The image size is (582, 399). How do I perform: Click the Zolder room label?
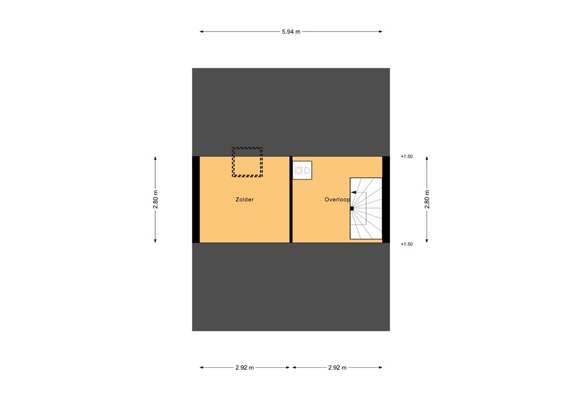(244, 200)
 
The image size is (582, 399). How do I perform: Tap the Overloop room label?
(336, 200)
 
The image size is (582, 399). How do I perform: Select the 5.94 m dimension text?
(291, 32)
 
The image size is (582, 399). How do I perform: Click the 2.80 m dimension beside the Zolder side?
(155, 199)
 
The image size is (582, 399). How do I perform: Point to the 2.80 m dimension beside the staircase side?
(427, 199)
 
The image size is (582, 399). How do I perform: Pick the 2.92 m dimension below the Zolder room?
(244, 368)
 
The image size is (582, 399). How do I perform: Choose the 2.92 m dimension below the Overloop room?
(338, 368)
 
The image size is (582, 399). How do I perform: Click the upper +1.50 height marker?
(406, 156)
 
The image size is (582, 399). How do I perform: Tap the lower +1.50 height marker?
(406, 244)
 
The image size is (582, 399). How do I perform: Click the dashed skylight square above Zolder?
(247, 162)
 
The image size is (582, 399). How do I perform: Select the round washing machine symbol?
(298, 169)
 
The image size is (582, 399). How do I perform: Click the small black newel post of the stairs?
(352, 209)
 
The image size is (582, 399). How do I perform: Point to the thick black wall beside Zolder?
(196, 199)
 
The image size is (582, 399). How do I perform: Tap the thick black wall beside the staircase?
(386, 199)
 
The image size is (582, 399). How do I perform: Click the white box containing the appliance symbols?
(302, 170)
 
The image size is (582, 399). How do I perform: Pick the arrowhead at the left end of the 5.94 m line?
(202, 32)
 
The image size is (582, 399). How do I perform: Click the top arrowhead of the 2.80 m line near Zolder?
(155, 159)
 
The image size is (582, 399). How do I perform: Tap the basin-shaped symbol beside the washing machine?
(307, 169)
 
